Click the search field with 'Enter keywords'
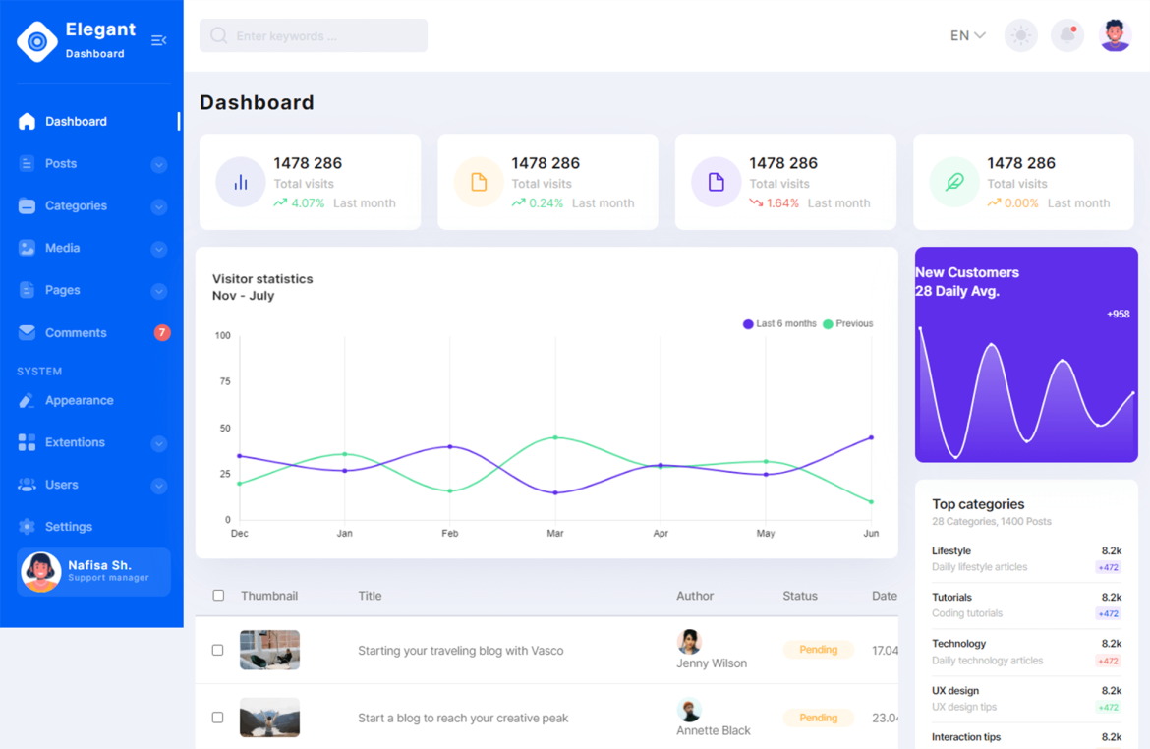pyautogui.click(x=313, y=36)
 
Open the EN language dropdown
pyautogui.click(x=967, y=36)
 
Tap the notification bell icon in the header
pyautogui.click(x=1066, y=36)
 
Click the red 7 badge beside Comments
pyautogui.click(x=162, y=333)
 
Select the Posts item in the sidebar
pyautogui.click(x=61, y=164)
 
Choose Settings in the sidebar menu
pyautogui.click(x=68, y=527)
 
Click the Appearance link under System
pyautogui.click(x=79, y=401)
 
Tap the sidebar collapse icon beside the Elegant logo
pyautogui.click(x=158, y=40)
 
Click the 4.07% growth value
pyautogui.click(x=307, y=203)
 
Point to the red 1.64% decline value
pyautogui.click(x=782, y=203)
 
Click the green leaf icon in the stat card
pyautogui.click(x=953, y=182)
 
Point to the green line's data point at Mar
pyautogui.click(x=555, y=437)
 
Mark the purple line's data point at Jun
pyautogui.click(x=871, y=437)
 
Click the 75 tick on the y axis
pyautogui.click(x=223, y=381)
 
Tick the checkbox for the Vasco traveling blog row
pyautogui.click(x=218, y=650)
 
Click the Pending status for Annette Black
pyautogui.click(x=818, y=718)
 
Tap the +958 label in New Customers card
pyautogui.click(x=1118, y=315)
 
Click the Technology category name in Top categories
pyautogui.click(x=958, y=644)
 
